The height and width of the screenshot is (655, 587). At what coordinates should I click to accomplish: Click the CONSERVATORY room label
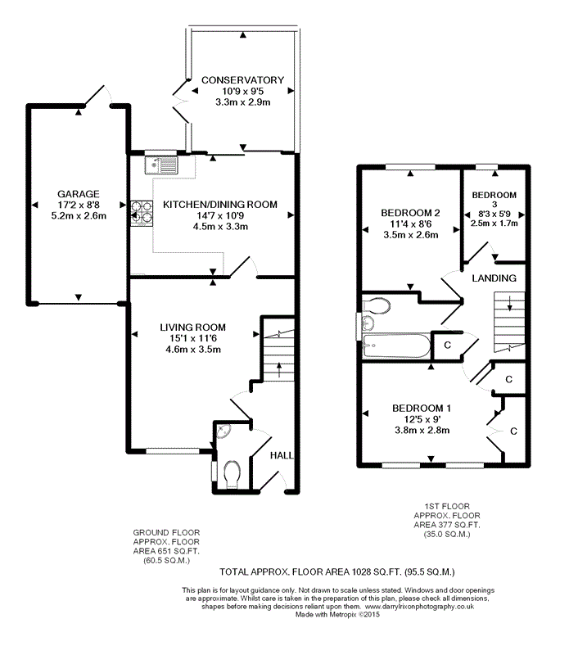pos(242,79)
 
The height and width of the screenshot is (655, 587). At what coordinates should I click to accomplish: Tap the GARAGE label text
pos(79,194)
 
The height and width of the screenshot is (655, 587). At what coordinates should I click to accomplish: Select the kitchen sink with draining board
pos(161,165)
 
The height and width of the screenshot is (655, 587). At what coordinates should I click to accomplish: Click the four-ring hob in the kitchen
pos(142,213)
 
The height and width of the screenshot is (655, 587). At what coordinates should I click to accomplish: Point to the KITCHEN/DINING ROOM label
pos(219,204)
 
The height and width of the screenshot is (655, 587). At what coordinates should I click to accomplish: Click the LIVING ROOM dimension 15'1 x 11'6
pos(192,338)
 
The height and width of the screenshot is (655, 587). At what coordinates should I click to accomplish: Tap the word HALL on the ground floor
pos(282,455)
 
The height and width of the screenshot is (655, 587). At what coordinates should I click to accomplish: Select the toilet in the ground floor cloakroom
pos(232,475)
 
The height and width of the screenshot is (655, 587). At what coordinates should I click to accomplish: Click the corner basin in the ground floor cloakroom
pos(223,431)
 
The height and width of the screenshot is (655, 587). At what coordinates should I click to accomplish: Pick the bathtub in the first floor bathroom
pos(396,345)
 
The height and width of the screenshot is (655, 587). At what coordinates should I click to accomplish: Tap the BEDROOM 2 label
pos(410,213)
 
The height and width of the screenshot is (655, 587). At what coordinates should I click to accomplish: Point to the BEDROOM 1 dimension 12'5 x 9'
pos(422,419)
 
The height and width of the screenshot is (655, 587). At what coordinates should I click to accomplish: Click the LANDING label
pos(494,278)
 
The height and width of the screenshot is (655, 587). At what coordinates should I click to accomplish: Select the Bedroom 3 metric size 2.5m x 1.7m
pos(494,224)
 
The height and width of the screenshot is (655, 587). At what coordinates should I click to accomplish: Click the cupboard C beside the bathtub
pos(448,345)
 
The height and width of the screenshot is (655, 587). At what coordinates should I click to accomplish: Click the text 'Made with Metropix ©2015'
pos(337,615)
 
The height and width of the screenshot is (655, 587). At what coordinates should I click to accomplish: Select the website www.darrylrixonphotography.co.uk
pos(419,607)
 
